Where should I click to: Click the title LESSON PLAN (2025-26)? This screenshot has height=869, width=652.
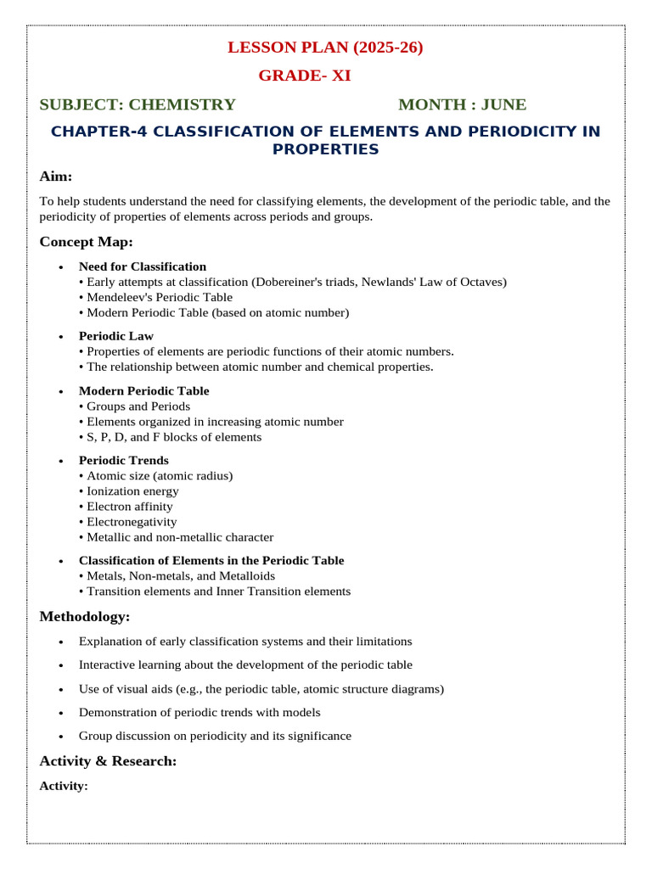(x=325, y=48)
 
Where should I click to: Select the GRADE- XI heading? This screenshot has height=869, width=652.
(x=304, y=76)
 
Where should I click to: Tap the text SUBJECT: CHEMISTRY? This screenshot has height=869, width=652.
(x=138, y=104)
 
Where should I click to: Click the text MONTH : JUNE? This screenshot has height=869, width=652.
(x=462, y=104)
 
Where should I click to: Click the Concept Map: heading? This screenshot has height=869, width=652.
(x=86, y=242)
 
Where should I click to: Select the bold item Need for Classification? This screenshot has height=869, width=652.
(x=143, y=266)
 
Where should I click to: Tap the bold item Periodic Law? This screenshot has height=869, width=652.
(x=116, y=336)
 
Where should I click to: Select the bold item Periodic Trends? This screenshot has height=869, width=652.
(x=124, y=460)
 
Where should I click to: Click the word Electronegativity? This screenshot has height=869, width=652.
(x=132, y=522)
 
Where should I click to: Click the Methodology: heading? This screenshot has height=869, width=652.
(x=85, y=616)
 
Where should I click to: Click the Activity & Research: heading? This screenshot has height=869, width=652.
(x=108, y=761)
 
